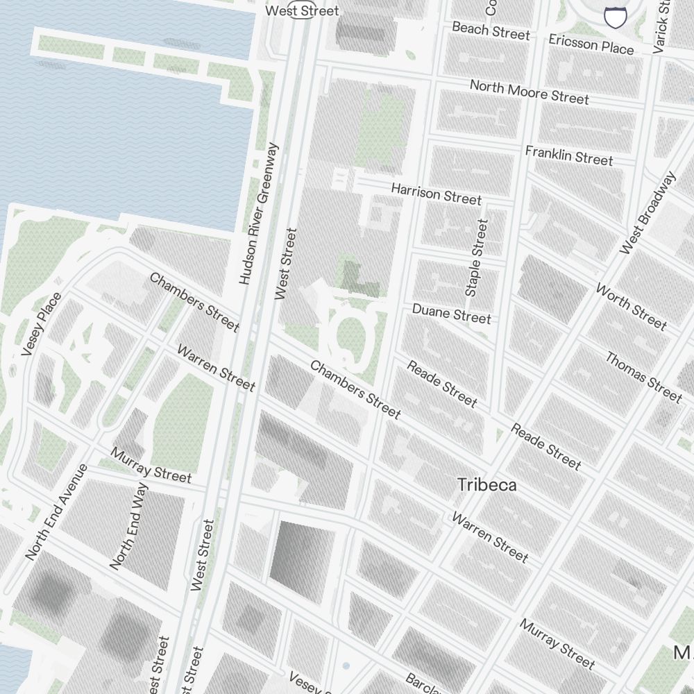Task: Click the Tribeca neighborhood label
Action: point(486,485)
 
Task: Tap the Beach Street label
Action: point(491,31)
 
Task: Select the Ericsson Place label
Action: point(591,43)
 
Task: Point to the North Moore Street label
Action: point(529,92)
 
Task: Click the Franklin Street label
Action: point(569,155)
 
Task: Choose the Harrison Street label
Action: point(436,194)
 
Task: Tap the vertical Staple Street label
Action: point(477,258)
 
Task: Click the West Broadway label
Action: point(648,213)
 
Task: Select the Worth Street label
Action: point(631,307)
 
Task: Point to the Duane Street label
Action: point(451,313)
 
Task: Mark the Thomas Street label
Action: point(643,377)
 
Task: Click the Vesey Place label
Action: point(42,324)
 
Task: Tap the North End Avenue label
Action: point(56,512)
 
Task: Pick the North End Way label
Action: point(129,526)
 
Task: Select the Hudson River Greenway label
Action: point(258,214)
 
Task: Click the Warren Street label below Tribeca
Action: point(490,536)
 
